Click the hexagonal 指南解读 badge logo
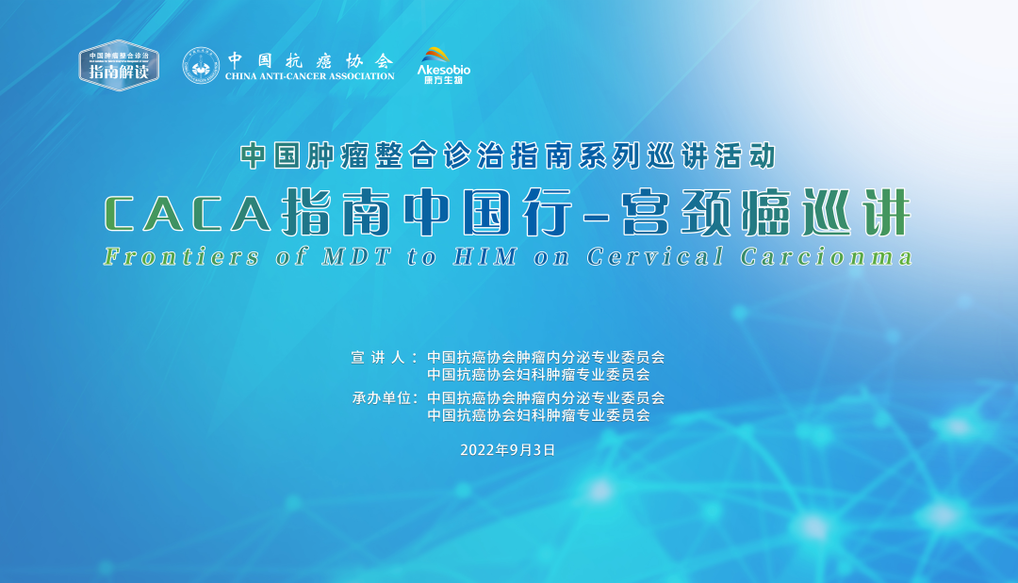coord(119,66)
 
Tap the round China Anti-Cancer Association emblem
coord(201,66)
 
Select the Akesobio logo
coord(443,66)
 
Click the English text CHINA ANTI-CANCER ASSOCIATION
coord(310,76)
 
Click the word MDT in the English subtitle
coord(356,257)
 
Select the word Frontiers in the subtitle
coord(182,257)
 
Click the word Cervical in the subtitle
coord(656,257)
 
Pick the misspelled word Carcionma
coord(827,257)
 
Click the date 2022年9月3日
coord(508,450)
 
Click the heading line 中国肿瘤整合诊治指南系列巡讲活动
coord(508,156)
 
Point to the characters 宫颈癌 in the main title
coord(706,213)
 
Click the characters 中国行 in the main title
coord(488,213)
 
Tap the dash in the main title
coord(597,216)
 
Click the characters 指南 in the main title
coord(336,213)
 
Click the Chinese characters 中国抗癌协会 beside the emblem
coord(310,60)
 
